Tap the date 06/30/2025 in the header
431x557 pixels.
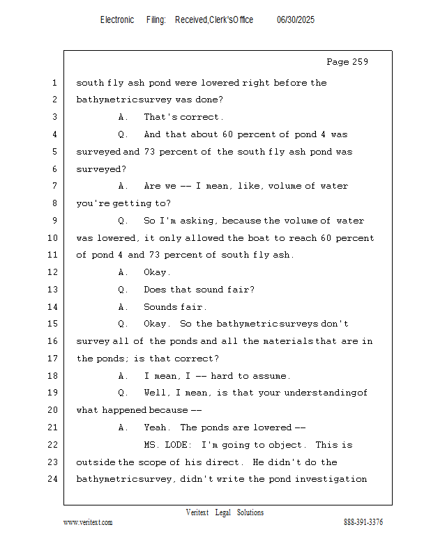(x=296, y=20)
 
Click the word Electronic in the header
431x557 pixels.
(x=117, y=20)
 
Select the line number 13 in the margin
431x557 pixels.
(x=53, y=290)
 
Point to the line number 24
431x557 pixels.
(x=53, y=479)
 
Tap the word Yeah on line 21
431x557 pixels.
(x=155, y=427)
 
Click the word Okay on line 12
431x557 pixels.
(x=155, y=272)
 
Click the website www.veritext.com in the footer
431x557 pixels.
(x=88, y=522)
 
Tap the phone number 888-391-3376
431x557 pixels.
(x=363, y=522)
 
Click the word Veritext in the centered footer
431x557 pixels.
(x=197, y=512)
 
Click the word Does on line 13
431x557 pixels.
(x=155, y=290)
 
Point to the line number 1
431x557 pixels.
(x=55, y=83)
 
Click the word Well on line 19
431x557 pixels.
(x=155, y=393)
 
